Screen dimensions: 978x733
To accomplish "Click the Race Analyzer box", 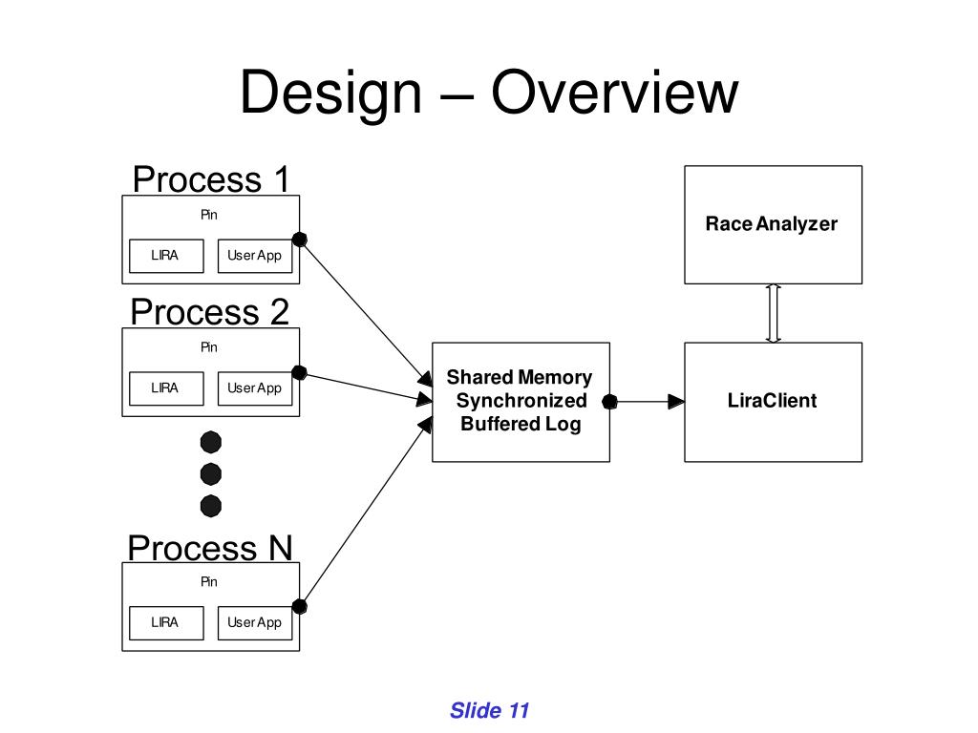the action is pos(773,224).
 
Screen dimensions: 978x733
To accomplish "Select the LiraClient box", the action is pos(773,402).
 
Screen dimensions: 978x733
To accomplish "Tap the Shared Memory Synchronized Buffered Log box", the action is pos(521,402).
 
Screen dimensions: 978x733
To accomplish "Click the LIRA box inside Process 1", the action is pos(166,256).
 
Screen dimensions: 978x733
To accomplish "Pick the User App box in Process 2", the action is pos(255,388).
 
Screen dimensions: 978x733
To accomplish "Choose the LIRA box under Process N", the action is pos(166,622).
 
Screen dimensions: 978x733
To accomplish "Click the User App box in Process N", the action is pos(255,622).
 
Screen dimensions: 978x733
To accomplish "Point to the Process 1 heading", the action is pos(211,179).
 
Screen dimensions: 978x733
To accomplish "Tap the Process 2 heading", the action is pos(209,312).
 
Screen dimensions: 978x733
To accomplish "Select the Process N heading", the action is pos(209,548).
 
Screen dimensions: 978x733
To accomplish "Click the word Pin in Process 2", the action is pos(209,347).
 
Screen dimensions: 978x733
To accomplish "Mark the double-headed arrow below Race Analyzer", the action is pos(774,313).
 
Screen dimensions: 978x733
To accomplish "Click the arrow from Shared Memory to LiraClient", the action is pos(647,402).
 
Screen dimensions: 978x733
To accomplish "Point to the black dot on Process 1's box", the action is pos(299,240).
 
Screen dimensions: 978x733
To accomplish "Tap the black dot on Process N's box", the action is pos(299,606).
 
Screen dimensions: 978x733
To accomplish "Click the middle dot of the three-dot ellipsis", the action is pos(211,474).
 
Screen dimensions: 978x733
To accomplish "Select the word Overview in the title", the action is pos(614,93).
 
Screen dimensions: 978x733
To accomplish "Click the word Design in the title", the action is pos(331,94).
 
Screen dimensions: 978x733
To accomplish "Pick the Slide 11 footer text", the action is pos(490,710).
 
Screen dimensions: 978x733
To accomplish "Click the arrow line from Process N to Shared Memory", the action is pos(366,513).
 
